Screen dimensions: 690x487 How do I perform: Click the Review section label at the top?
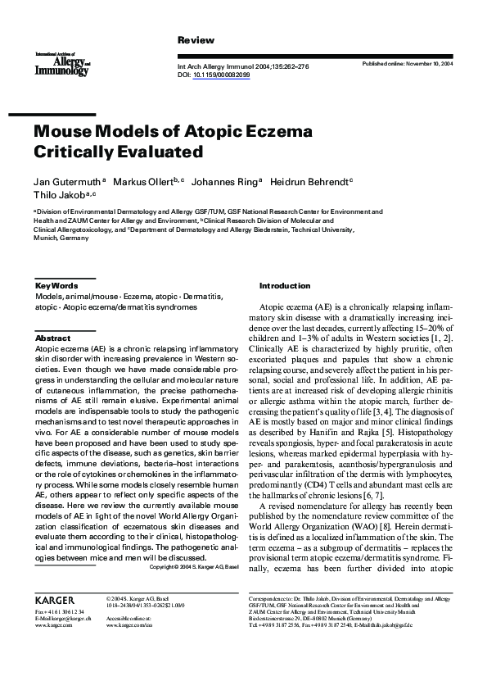(196, 40)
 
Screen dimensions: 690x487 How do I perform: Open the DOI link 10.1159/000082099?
(223, 75)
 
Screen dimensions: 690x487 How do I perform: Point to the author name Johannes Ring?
(226, 180)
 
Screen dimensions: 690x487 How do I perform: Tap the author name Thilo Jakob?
(61, 194)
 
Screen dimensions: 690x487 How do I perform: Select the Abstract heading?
(52, 338)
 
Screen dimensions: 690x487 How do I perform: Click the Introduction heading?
(285, 285)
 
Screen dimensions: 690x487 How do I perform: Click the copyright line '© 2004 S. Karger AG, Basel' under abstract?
(195, 566)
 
